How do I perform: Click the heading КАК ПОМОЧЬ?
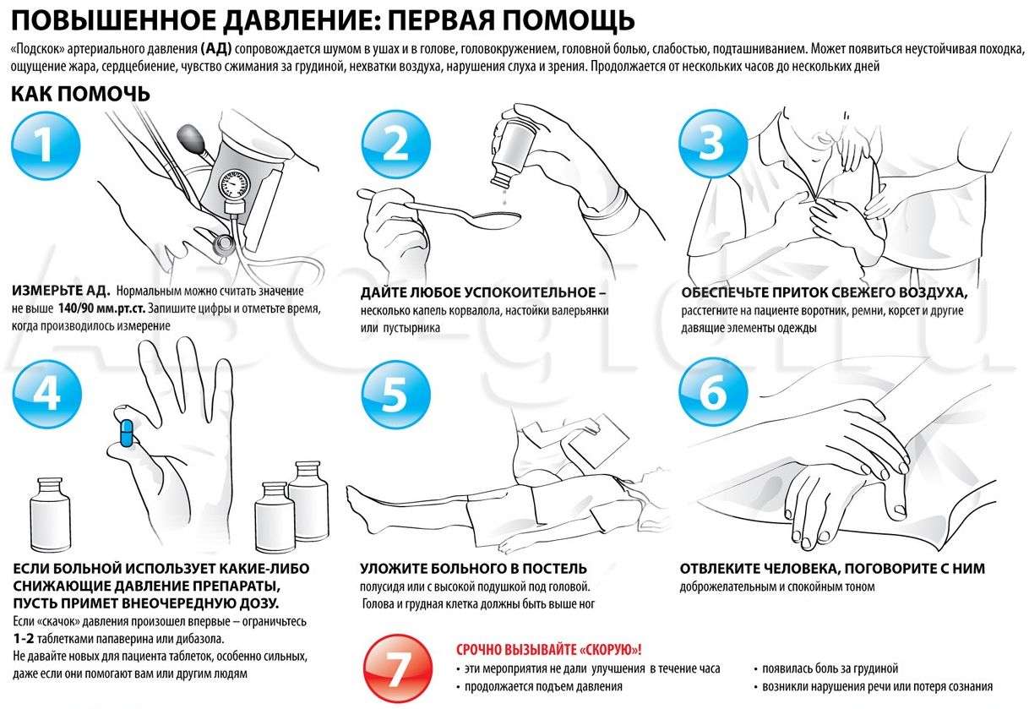point(80,93)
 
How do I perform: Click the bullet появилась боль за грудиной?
point(830,668)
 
